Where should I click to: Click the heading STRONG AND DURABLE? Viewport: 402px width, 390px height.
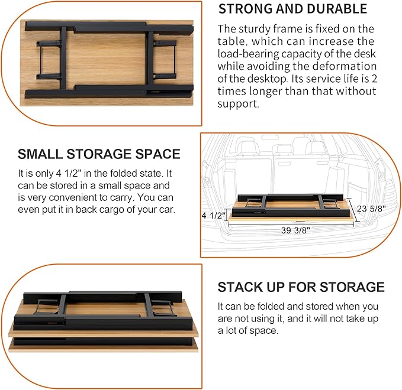tap(292, 9)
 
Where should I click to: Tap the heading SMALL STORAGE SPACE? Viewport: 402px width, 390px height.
tap(99, 154)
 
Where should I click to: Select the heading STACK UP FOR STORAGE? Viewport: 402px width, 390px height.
tap(301, 287)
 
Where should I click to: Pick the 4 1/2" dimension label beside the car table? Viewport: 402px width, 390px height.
tap(214, 216)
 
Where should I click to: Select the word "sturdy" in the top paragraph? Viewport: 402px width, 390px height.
tap(255, 28)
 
